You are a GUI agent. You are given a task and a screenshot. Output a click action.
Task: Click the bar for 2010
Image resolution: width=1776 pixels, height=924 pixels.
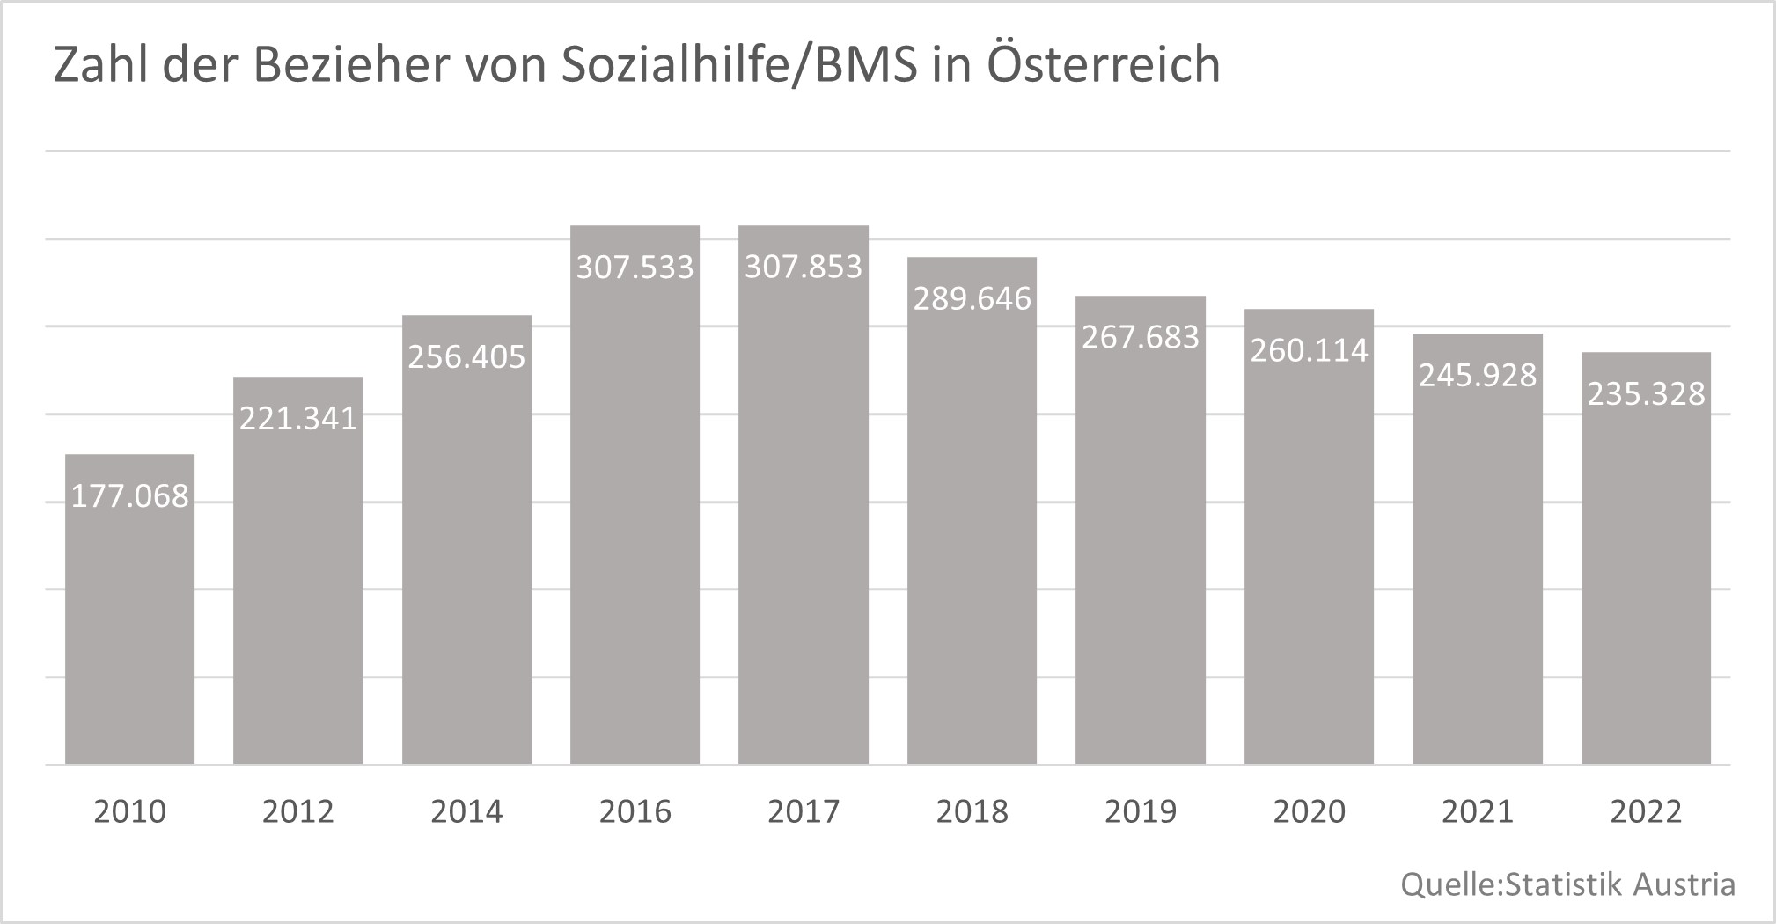pyautogui.click(x=130, y=616)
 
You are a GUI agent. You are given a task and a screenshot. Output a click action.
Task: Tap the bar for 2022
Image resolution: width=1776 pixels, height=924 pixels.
pyautogui.click(x=1646, y=572)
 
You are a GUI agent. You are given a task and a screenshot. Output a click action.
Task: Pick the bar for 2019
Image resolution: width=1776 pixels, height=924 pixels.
pyautogui.click(x=1141, y=546)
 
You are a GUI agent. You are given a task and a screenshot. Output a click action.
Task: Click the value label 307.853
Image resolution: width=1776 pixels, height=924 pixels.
pyautogui.click(x=804, y=267)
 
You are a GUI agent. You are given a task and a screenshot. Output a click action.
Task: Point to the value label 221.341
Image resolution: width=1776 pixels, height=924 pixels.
pyautogui.click(x=298, y=418)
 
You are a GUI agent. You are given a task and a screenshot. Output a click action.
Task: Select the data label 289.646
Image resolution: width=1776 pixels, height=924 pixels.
pyautogui.click(x=972, y=299)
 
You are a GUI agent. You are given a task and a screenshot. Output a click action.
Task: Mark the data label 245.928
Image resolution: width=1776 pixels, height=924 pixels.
pyautogui.click(x=1478, y=376)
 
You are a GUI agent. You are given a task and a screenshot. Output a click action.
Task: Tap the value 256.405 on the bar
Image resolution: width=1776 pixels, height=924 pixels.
pyautogui.click(x=466, y=357)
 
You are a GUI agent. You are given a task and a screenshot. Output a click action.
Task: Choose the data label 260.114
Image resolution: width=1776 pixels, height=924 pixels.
pyautogui.click(x=1310, y=351)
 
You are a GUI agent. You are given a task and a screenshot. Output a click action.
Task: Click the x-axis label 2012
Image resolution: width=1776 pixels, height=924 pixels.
pyautogui.click(x=298, y=811)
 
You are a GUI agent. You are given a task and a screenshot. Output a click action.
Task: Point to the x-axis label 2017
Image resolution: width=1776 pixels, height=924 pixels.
pyautogui.click(x=804, y=811)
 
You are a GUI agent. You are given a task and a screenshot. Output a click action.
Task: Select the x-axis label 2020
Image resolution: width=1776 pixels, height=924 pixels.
pyautogui.click(x=1310, y=811)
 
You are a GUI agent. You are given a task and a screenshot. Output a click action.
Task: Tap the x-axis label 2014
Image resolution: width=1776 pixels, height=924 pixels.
pyautogui.click(x=466, y=811)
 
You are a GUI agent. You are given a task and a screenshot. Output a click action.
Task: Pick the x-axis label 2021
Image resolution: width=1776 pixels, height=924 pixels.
pyautogui.click(x=1478, y=811)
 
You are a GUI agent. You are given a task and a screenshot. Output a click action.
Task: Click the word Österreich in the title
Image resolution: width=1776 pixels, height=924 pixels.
pyautogui.click(x=1104, y=65)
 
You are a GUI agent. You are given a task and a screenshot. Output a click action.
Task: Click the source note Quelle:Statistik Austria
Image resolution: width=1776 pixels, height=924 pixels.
pyautogui.click(x=1568, y=884)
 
